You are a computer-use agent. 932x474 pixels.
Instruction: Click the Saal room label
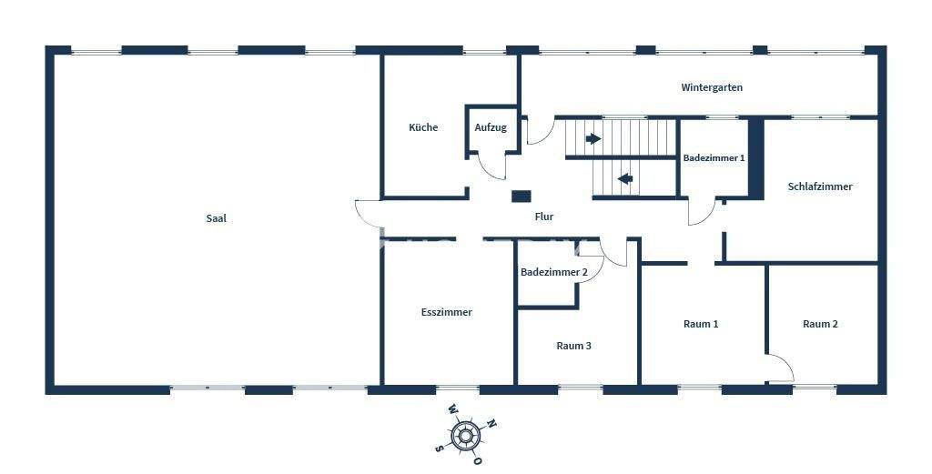coord(216,218)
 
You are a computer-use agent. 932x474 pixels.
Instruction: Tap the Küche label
coord(423,127)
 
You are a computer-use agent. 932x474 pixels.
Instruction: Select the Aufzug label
coord(491,127)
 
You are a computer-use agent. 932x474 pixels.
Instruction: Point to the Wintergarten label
coord(712,88)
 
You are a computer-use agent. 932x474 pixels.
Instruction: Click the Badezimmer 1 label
coord(714,157)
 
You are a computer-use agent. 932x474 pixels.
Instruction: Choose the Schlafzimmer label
coord(820,187)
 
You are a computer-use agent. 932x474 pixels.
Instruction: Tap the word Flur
coord(544,217)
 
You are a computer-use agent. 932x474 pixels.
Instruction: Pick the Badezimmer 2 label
coord(554,272)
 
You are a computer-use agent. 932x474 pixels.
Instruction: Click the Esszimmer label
coord(447,312)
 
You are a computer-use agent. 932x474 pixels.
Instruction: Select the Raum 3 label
coord(574,346)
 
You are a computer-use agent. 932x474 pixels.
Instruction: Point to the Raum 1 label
coord(701,324)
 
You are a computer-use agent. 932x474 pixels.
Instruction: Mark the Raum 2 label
coord(820,324)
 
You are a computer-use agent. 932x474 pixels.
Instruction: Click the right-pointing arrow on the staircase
coord(593,139)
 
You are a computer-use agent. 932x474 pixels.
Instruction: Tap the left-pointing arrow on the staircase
coord(625,178)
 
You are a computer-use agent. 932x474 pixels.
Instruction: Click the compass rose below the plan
coord(466,437)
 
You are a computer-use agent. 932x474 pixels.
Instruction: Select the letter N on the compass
coord(491,423)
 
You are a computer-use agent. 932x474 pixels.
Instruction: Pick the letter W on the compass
coord(452,411)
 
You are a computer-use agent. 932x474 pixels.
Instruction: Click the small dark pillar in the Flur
coord(521,196)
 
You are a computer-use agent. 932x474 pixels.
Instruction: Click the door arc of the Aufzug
coord(492,166)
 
